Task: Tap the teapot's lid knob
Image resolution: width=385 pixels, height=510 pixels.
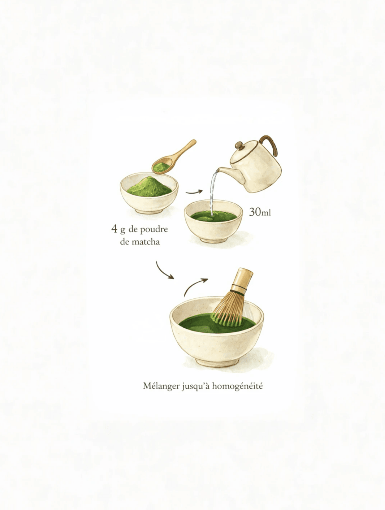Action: point(239,145)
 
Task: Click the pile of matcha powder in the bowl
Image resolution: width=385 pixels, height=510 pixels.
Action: point(150,187)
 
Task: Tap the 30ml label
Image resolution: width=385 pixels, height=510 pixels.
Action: point(260,212)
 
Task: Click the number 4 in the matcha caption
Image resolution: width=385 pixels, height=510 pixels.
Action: point(114,229)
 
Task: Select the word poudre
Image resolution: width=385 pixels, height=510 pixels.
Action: point(154,230)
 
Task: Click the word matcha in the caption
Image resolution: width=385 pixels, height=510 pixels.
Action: point(146,242)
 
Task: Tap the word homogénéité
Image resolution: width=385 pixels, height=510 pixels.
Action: point(237,386)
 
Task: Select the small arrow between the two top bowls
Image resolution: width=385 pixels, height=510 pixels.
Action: point(194,192)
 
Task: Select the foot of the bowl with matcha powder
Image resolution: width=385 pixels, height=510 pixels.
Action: point(150,211)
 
